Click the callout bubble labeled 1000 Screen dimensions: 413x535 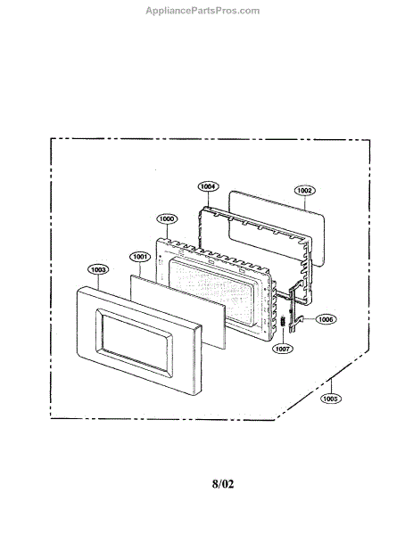point(167,218)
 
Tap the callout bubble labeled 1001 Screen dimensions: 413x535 point(140,257)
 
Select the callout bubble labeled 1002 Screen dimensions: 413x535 point(305,191)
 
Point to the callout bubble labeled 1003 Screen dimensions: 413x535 point(98,269)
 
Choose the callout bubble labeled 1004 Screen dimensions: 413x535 point(208,186)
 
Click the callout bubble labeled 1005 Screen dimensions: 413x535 point(330,399)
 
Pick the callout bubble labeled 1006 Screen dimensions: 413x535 point(326,319)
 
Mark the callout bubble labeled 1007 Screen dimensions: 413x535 point(283,349)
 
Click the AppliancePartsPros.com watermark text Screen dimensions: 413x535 point(202,11)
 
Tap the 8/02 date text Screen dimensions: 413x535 point(223,484)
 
